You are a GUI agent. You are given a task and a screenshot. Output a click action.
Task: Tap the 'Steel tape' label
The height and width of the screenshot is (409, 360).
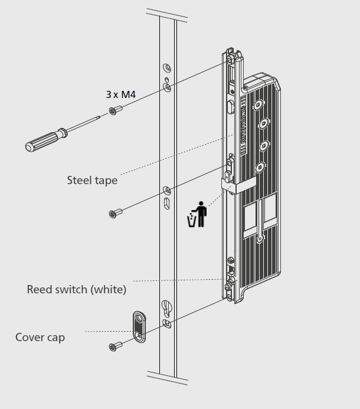(x=92, y=180)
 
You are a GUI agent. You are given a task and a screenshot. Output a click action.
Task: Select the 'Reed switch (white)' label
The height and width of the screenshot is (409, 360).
(x=77, y=289)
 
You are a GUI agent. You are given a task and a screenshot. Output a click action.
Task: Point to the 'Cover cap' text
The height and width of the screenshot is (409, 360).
(x=40, y=337)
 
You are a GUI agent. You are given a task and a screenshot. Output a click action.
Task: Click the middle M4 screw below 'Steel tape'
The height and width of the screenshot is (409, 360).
(x=116, y=212)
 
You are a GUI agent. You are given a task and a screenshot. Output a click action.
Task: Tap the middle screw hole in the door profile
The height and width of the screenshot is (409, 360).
(x=167, y=190)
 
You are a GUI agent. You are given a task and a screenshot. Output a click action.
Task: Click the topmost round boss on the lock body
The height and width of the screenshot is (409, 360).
(x=257, y=105)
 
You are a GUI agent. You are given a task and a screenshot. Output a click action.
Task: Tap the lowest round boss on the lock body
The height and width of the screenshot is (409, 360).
(x=259, y=239)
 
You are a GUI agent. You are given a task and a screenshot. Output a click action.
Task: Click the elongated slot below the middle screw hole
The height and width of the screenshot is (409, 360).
(x=167, y=204)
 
